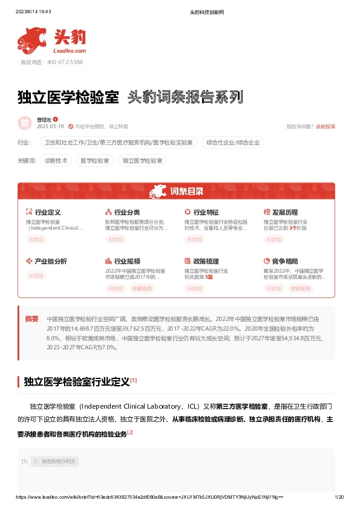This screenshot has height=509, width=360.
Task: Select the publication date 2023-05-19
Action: coord(50,126)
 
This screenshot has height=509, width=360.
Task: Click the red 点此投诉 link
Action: coord(326,126)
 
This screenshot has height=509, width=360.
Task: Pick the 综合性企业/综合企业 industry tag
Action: coord(233,143)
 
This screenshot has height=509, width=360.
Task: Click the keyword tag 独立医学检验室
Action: coord(142,161)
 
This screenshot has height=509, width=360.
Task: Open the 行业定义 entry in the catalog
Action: coord(48,213)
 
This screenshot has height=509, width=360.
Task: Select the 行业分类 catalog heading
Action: coord(127,213)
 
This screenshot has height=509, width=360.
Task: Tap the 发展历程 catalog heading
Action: coord(285,213)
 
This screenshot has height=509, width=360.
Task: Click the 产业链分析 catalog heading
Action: coord(51,261)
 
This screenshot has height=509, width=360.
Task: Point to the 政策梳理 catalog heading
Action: coord(206,261)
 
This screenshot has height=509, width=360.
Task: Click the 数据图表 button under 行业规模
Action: coord(142,288)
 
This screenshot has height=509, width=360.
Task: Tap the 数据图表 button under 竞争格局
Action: coord(301,288)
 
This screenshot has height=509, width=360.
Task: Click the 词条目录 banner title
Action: coord(186,192)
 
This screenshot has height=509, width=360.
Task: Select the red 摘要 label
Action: coord(31,319)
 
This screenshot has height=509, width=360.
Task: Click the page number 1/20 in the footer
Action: coord(339,497)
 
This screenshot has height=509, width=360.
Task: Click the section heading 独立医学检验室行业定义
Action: coord(76,382)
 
